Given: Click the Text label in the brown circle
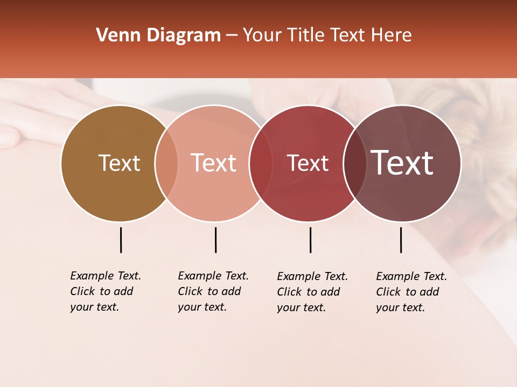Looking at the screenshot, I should coord(119,163).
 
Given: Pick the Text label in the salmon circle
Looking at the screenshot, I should coord(213,163).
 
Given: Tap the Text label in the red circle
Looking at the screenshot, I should coord(308,163).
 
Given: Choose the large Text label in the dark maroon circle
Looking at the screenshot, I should coord(402,163).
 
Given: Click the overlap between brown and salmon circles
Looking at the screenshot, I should coord(166,163).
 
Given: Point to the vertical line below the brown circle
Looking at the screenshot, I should coord(121,240).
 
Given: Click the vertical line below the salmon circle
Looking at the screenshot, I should coord(215,240).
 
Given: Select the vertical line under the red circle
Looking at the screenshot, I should coord(310,240).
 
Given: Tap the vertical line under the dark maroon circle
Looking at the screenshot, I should coord(401,240).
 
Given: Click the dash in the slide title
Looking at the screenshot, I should coord(232,36).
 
